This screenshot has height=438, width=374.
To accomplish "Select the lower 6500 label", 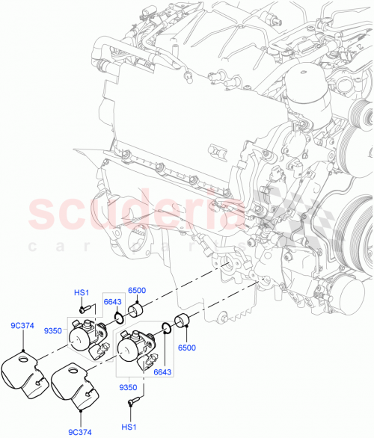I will click(x=187, y=347).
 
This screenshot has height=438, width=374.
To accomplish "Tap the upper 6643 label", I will click(x=112, y=301).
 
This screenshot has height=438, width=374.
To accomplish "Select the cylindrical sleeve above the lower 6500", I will click(x=183, y=324).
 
